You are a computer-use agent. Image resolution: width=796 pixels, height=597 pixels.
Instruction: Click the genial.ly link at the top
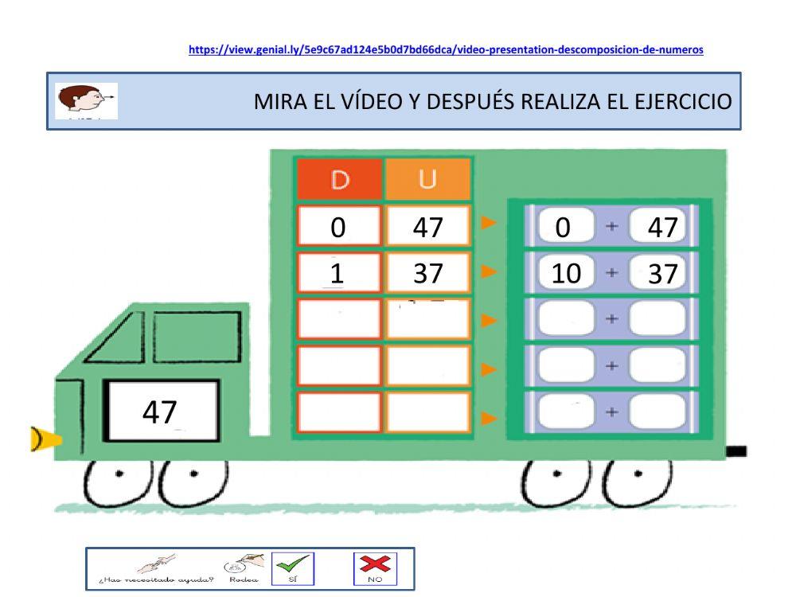[x=446, y=49]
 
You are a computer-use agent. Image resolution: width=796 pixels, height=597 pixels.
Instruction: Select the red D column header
[x=340, y=180]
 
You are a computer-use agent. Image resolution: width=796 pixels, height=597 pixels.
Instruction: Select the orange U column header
[x=427, y=180]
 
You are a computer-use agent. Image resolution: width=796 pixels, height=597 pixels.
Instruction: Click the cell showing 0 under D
[x=339, y=228]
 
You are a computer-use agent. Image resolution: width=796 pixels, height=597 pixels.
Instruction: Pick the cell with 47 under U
[x=427, y=228]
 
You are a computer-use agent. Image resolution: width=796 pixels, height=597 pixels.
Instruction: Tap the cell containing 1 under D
[x=339, y=274]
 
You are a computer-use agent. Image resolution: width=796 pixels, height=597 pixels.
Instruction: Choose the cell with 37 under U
[x=427, y=274]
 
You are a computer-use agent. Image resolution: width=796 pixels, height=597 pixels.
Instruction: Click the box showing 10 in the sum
[x=566, y=274]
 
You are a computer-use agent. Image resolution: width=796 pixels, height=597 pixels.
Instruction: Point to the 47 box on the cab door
[x=161, y=411]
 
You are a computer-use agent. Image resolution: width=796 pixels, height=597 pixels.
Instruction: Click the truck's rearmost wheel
[x=637, y=482]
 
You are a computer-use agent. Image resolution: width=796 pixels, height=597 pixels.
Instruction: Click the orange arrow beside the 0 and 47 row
[x=490, y=226]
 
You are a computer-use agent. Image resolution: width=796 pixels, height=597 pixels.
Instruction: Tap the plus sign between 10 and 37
[x=611, y=274]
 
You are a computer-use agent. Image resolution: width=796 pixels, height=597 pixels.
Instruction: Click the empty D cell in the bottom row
[x=339, y=413]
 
